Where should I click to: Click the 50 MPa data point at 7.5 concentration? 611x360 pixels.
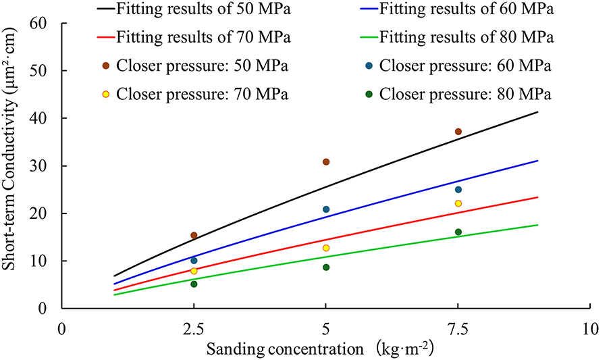458,132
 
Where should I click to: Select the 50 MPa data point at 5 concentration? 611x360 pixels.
326,162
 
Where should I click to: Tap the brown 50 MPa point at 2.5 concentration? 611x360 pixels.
194,236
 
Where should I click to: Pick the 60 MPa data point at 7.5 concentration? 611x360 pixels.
458,190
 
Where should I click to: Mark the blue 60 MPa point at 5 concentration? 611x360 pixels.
326,209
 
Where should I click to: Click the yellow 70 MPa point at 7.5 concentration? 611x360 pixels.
458,203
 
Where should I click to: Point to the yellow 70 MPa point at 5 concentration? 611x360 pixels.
326,248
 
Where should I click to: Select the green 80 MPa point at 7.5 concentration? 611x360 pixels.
458,232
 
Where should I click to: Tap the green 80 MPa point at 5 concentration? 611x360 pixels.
326,267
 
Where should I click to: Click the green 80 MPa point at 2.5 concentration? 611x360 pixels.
194,284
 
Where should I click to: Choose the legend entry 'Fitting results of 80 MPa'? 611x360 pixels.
467,38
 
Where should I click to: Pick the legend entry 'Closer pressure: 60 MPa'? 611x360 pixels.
465,66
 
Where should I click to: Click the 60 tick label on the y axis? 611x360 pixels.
45,24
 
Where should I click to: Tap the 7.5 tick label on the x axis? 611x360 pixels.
458,330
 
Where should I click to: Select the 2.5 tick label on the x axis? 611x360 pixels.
194,330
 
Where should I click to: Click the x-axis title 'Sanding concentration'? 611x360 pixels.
286,350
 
